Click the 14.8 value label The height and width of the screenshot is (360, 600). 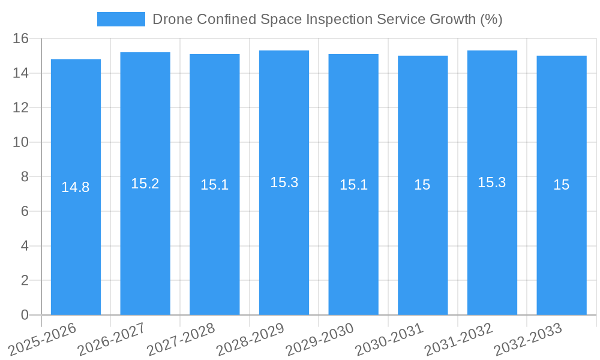76,187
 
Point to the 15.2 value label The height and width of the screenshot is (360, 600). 145,184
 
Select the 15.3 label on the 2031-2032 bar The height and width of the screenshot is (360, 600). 492,182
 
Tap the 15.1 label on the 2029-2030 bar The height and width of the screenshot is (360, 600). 353,185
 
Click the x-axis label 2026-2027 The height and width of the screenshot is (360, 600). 112,338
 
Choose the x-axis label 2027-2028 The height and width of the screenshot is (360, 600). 181,338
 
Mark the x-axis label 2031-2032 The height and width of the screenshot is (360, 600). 458,338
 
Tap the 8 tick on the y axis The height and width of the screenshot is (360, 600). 25,177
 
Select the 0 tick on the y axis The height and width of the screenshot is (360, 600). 25,315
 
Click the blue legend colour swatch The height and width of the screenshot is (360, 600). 121,19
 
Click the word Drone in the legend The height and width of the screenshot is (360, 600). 171,19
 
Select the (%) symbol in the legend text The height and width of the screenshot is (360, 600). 491,19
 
